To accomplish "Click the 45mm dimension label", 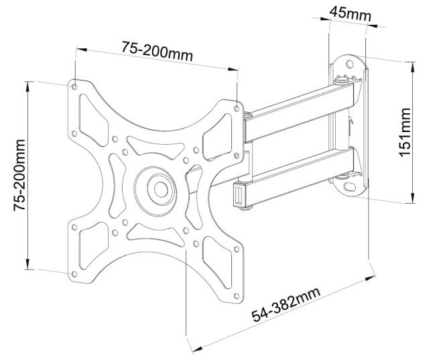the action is [x=350, y=13].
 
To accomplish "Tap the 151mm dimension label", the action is [x=405, y=133].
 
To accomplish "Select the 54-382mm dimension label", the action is [x=286, y=304].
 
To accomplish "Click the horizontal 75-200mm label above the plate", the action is [x=158, y=51].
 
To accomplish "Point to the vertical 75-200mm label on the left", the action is [x=19, y=176].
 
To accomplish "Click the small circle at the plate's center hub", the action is [x=161, y=189].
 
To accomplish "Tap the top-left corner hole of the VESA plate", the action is [x=74, y=86].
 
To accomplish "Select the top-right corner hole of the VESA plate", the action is [x=237, y=109].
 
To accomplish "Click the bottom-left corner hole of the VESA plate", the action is [x=74, y=274].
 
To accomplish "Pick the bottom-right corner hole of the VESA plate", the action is [x=237, y=296].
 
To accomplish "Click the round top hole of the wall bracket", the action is [x=349, y=64].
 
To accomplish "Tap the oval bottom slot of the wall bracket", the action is [x=350, y=187].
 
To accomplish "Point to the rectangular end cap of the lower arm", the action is [x=239, y=194].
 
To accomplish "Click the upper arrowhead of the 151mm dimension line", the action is [x=413, y=67].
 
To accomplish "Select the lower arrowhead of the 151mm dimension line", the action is [x=413, y=198].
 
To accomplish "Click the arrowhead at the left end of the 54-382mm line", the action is [x=196, y=349].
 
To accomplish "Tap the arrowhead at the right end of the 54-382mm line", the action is [x=371, y=278].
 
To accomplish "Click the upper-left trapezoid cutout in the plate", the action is [x=93, y=121].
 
